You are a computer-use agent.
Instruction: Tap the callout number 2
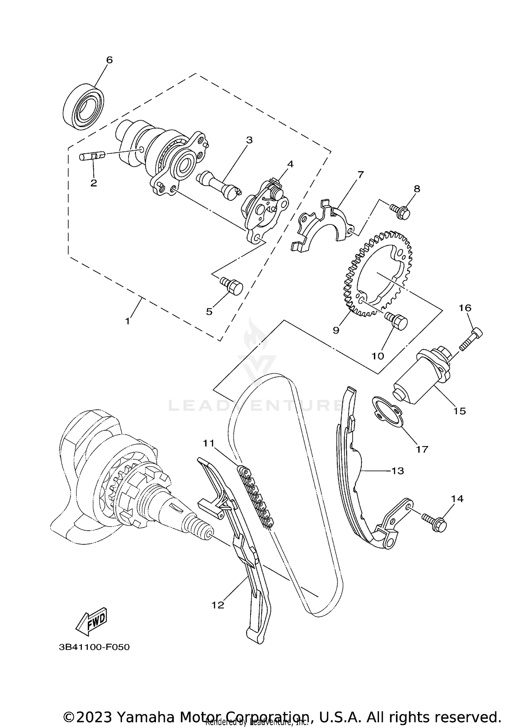click(94, 183)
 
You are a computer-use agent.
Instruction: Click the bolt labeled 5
click(233, 287)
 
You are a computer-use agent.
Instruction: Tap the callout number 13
click(397, 471)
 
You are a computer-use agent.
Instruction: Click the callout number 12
click(218, 605)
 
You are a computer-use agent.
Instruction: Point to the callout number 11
click(208, 443)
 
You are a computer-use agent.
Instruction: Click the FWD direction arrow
click(91, 621)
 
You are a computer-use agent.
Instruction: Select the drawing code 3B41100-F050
click(94, 647)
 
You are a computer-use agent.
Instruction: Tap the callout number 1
click(127, 321)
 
